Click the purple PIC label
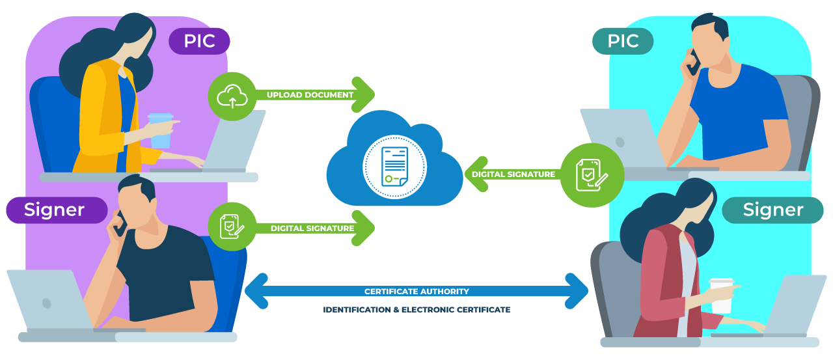pos(199,41)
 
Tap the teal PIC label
pos(623,41)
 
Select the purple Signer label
pos(55,210)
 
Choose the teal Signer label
pos(772,210)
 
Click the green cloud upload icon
pos(232,96)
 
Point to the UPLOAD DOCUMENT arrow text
pos(310,95)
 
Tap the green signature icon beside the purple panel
pos(232,228)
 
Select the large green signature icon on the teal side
pos(592,175)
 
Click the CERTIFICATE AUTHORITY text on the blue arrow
pos(416,291)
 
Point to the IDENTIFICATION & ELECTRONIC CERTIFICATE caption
pos(416,310)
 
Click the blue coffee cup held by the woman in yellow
pos(160,130)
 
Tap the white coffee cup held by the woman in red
pos(721,296)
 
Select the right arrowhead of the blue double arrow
pos(577,291)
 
